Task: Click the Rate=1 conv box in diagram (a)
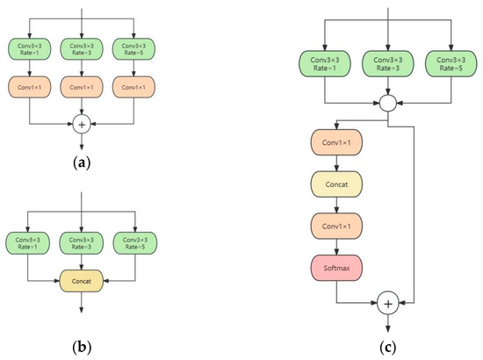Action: [31, 49]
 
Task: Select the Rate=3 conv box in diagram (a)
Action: [81, 49]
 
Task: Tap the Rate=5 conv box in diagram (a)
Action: [131, 49]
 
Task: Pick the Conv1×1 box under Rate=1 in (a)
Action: [31, 89]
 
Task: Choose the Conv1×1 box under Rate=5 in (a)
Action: [131, 89]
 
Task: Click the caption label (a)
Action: [81, 161]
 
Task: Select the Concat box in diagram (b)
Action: [81, 281]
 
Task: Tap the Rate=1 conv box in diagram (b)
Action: [31, 241]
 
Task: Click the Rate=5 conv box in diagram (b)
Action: [131, 241]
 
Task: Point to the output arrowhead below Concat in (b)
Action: [81, 308]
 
